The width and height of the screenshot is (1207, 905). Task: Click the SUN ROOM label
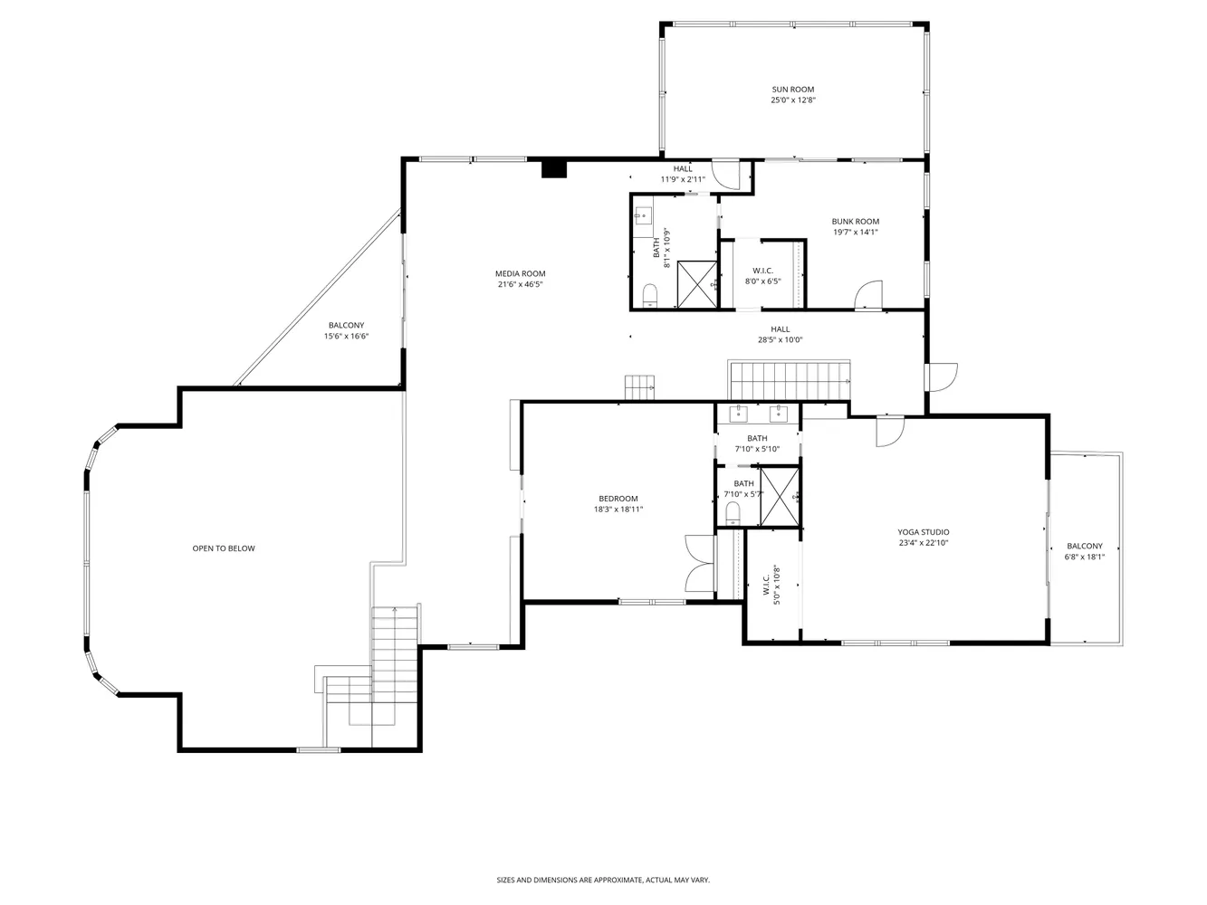tap(792, 90)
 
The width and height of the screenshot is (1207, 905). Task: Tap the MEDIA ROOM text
tap(520, 273)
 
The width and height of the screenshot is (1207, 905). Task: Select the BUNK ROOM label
tap(855, 222)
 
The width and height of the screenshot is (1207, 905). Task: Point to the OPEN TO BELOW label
tap(223, 548)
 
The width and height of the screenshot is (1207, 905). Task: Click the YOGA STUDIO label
tap(923, 532)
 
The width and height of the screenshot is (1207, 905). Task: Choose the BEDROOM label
tap(618, 499)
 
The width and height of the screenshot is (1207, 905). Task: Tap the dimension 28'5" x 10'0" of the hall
tap(780, 340)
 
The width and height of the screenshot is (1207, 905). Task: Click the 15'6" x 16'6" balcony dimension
tap(346, 337)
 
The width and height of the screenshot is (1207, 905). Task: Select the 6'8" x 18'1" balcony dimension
tap(1084, 557)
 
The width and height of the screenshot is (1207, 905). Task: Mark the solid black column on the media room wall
tap(553, 168)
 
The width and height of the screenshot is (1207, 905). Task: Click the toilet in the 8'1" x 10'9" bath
tap(649, 294)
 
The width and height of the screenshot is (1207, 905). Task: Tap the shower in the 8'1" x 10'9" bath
tap(697, 284)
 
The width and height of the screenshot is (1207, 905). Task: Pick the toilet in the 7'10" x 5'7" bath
tap(733, 514)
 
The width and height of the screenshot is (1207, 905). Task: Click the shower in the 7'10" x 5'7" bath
tap(780, 496)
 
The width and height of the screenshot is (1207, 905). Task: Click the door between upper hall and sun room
tap(726, 174)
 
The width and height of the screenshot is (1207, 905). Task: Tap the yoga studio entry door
tap(888, 432)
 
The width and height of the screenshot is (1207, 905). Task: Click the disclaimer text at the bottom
tap(602, 880)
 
